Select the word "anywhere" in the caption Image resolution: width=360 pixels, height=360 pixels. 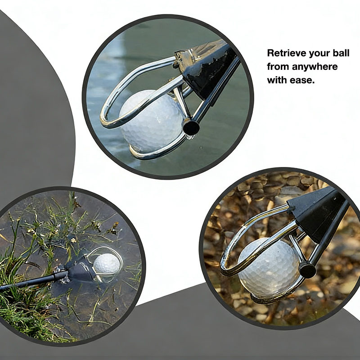315,67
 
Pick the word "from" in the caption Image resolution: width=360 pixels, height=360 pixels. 278,67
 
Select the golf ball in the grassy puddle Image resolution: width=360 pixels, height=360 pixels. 107,264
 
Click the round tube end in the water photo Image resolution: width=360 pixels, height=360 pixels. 191,128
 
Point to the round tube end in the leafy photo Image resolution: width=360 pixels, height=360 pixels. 308,270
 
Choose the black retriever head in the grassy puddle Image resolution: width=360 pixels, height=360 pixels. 80,268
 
